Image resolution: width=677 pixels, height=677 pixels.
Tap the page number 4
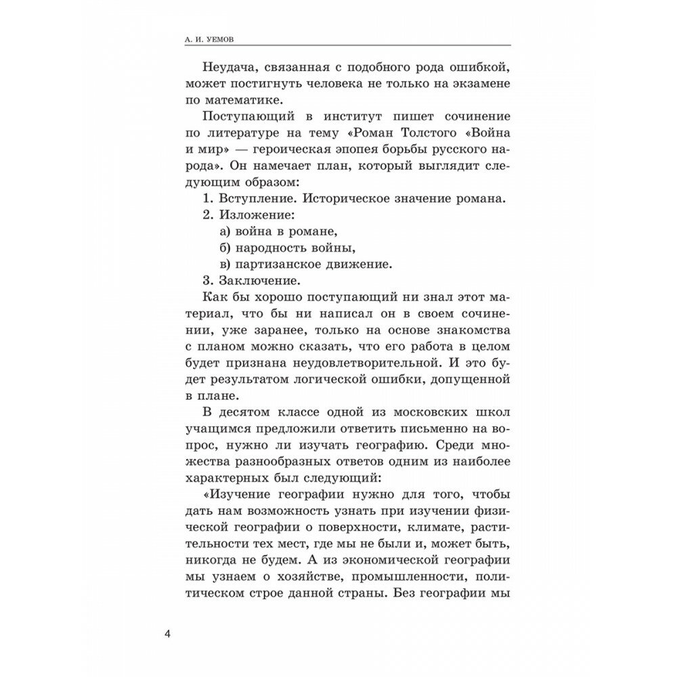[169, 634]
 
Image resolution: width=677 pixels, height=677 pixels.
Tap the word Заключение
[254, 280]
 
